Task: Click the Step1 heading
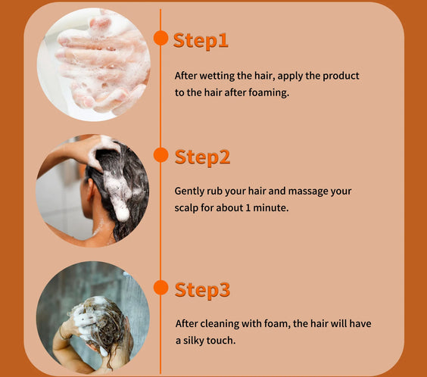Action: (201, 40)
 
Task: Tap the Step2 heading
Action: (202, 157)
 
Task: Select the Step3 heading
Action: (202, 289)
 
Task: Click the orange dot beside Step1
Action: (161, 38)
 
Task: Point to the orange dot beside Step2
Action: (161, 155)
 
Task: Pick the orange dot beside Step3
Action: (161, 287)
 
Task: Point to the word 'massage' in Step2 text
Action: (301, 192)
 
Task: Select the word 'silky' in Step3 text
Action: (197, 341)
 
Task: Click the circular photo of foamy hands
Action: (92, 64)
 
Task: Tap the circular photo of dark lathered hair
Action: (92, 190)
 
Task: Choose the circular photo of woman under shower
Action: (92, 317)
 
